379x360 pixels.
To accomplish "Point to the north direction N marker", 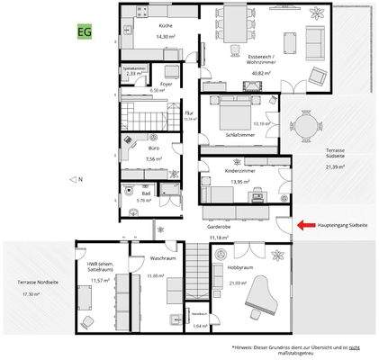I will (x=77, y=179).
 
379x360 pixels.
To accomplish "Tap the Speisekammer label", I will (x=134, y=67).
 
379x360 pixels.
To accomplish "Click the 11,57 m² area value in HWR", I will (x=98, y=280).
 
